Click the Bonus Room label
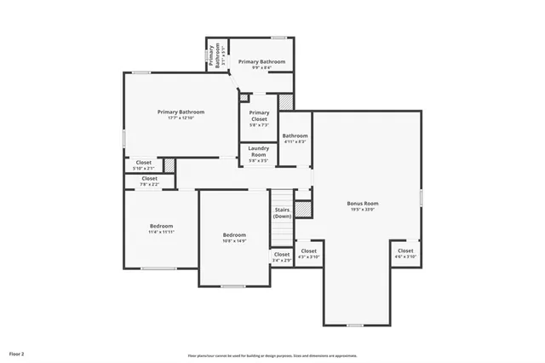tap(363, 203)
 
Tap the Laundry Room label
tap(259, 151)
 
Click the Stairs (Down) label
tap(282, 212)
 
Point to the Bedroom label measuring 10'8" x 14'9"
tap(234, 234)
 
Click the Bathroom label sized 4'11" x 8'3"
tap(295, 135)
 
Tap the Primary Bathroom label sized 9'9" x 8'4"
tap(261, 61)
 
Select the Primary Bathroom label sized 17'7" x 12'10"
tap(181, 111)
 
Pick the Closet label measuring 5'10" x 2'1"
tap(144, 162)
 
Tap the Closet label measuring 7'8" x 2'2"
tap(149, 178)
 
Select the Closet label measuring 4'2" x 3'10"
tap(308, 251)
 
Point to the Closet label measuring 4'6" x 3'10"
tap(405, 251)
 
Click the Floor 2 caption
tap(17, 353)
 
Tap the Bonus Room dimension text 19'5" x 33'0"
tap(363, 209)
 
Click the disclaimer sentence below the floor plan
tap(272, 355)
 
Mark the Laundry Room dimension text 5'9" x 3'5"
tap(259, 160)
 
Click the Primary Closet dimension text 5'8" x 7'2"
tap(259, 124)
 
